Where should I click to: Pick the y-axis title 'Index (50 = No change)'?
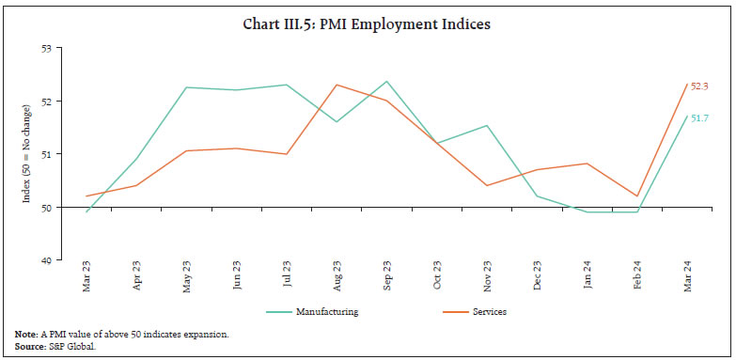(27, 153)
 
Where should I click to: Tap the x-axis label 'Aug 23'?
(337, 279)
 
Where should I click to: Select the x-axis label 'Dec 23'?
(537, 279)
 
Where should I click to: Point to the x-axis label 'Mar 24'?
(687, 279)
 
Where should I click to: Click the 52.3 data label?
(699, 86)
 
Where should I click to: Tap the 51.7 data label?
(699, 118)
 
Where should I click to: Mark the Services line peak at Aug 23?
(337, 85)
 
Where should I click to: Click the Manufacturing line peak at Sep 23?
(386, 81)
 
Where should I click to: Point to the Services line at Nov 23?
(487, 185)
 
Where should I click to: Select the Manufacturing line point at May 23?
(186, 87)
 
